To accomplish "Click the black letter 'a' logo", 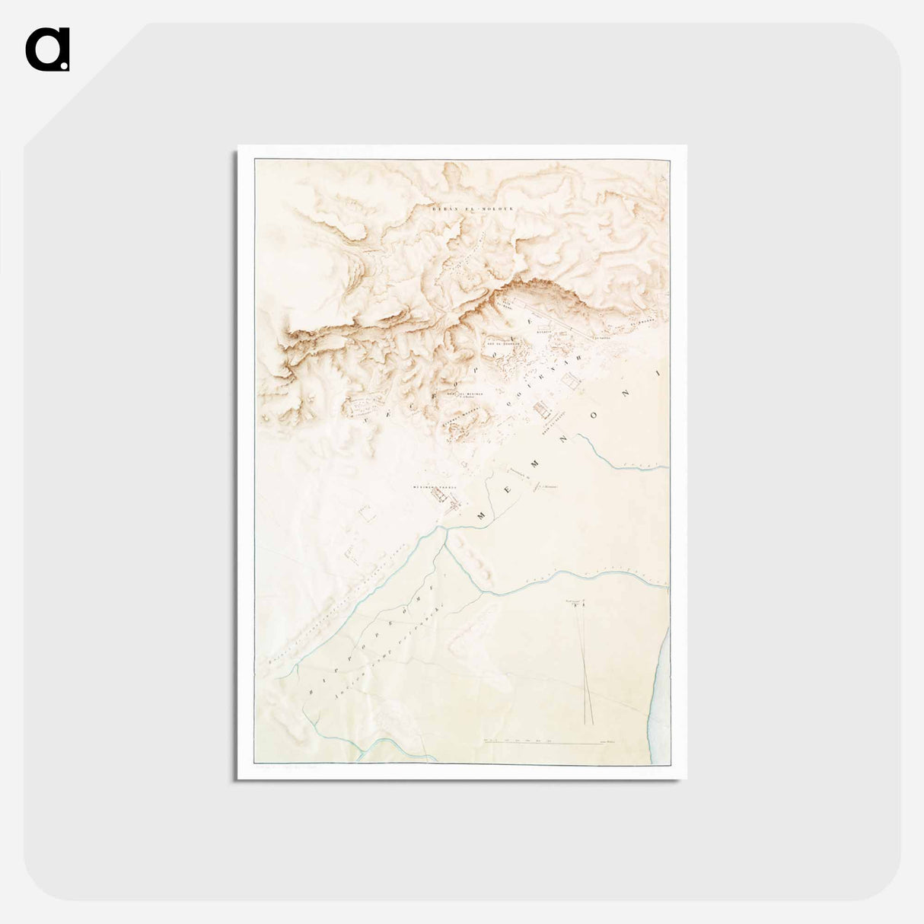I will click(47, 49).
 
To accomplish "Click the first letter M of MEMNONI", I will click(481, 516).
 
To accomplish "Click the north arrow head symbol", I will click(583, 605).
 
